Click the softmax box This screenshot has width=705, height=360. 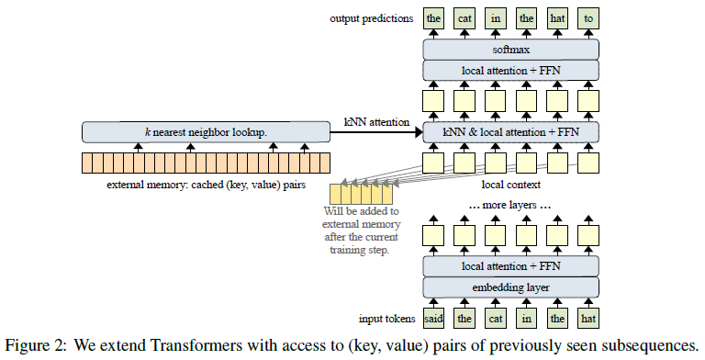(x=510, y=49)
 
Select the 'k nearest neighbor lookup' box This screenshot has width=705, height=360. (x=206, y=133)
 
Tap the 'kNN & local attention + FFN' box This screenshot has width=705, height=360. (x=510, y=133)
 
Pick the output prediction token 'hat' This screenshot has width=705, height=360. (x=556, y=17)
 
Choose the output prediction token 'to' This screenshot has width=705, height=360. (x=587, y=17)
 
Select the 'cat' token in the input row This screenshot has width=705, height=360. (x=495, y=320)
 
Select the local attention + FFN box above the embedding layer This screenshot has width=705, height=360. (x=510, y=266)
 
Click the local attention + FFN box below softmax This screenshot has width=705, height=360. (x=510, y=71)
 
